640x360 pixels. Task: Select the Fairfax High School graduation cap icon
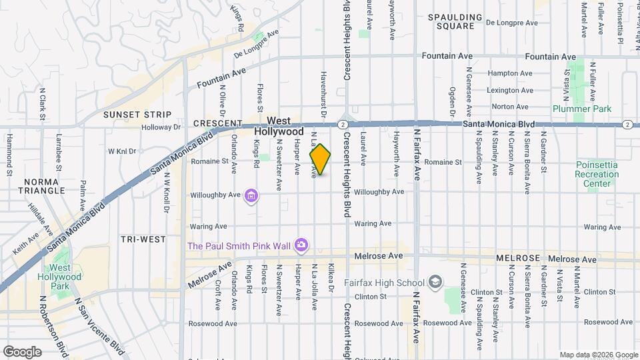[435, 282]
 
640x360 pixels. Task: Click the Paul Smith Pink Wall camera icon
[301, 246]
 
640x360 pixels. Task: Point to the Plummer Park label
[573, 109]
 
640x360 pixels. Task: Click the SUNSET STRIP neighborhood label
[137, 115]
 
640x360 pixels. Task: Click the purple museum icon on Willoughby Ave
[251, 195]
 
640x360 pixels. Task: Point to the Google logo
[22, 352]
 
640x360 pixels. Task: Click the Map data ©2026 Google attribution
[598, 355]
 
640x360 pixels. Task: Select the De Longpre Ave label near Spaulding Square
[510, 22]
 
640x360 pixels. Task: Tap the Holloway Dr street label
[163, 127]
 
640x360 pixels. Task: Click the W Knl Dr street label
[122, 151]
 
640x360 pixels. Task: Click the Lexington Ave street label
[509, 90]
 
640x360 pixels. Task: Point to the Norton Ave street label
[509, 107]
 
